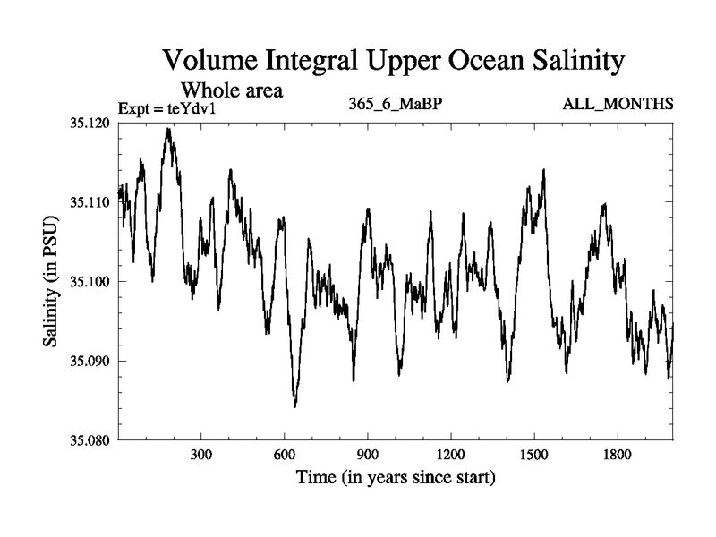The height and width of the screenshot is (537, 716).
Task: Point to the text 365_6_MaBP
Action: [x=396, y=105]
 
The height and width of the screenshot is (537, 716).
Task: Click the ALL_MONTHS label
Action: [x=618, y=105]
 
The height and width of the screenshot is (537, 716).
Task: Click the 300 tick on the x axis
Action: [x=201, y=455]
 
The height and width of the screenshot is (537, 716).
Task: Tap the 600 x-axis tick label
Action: [x=285, y=455]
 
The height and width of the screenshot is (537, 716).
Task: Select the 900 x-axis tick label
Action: [x=368, y=455]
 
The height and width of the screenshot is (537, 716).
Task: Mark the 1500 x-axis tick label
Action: [x=533, y=455]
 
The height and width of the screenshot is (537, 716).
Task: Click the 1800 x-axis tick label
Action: [x=617, y=455]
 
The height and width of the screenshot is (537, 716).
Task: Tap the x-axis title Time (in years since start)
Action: [x=396, y=478]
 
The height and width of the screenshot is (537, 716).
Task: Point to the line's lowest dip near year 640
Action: [x=294, y=405]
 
